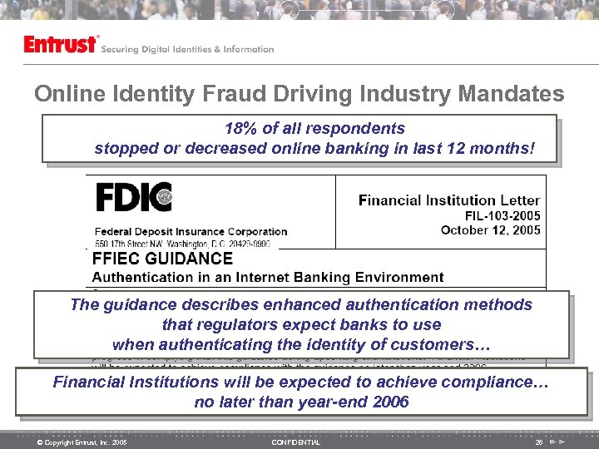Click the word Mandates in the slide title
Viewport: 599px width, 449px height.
pyautogui.click(x=507, y=94)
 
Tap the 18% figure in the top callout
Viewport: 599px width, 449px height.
pyautogui.click(x=240, y=129)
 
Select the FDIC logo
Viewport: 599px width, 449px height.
pyautogui.click(x=133, y=198)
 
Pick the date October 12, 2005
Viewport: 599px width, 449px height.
pyautogui.click(x=490, y=229)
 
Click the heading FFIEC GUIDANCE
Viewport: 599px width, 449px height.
pyautogui.click(x=162, y=259)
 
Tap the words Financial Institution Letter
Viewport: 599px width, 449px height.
pyautogui.click(x=448, y=200)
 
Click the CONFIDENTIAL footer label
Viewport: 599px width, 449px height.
pyautogui.click(x=295, y=442)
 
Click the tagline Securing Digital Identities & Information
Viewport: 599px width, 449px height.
pyautogui.click(x=187, y=49)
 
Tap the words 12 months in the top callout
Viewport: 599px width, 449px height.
pyautogui.click(x=490, y=149)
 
